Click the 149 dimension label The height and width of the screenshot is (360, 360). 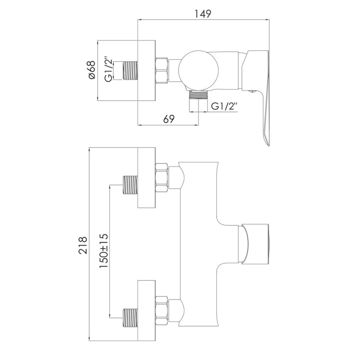(x=203, y=14)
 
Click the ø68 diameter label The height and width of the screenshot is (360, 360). (x=91, y=71)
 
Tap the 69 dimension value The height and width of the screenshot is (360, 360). (x=169, y=119)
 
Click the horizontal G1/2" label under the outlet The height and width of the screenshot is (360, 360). (x=224, y=107)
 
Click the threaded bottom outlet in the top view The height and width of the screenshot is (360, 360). (x=198, y=94)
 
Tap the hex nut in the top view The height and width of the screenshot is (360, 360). (x=162, y=71)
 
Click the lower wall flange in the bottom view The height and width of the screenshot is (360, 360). (x=146, y=310)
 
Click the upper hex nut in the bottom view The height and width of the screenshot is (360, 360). (x=162, y=178)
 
